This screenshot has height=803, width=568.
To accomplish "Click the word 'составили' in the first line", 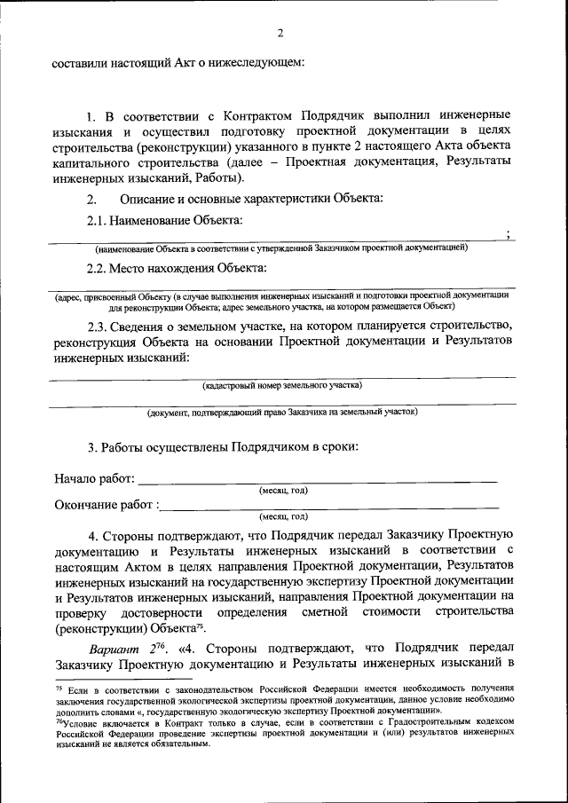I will click(83, 62).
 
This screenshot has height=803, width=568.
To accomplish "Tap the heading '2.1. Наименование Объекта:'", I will click(164, 219).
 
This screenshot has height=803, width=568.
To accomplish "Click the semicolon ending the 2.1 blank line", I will click(507, 234).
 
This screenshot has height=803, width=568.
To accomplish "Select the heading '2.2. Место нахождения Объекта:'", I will click(176, 268).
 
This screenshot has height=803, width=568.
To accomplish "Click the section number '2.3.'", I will click(98, 327).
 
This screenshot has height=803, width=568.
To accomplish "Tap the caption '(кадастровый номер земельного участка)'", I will click(282, 385).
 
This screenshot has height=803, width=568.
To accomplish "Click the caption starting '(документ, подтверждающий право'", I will click(282, 412).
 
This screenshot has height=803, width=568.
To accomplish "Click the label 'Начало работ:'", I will click(94, 479).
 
